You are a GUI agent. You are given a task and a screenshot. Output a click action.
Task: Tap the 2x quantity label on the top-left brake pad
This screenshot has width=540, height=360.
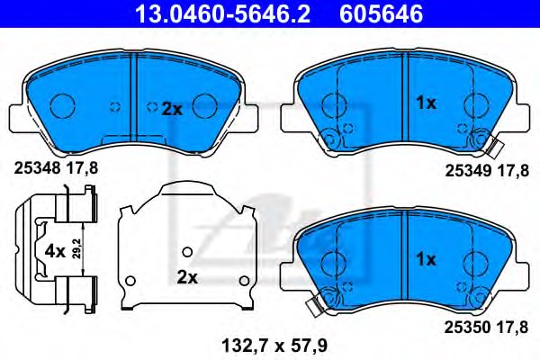[171, 109]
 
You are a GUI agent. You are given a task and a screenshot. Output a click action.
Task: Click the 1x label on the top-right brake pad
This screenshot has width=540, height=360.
[425, 103]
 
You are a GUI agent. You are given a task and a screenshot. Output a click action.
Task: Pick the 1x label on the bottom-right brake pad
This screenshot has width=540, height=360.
[425, 259]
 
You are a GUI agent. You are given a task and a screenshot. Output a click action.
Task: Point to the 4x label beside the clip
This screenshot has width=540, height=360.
[54, 251]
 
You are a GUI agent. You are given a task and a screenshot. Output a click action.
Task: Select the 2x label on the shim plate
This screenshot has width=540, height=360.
[186, 277]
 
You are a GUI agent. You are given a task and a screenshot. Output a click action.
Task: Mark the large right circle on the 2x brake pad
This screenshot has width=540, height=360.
[207, 106]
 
